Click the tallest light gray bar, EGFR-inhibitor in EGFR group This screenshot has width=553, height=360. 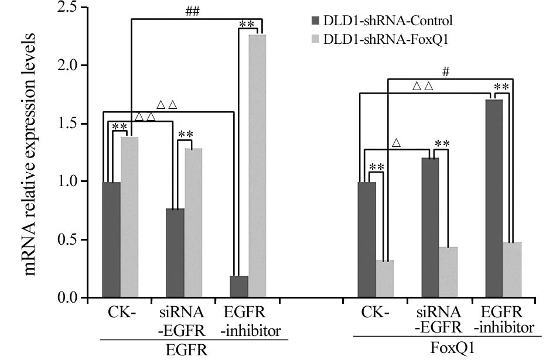point(257,166)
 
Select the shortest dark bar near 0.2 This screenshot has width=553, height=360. point(239,287)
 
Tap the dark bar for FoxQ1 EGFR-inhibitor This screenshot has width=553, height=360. point(495,199)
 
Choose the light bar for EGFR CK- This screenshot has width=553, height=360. point(129,217)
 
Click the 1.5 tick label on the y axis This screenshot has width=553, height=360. point(72,124)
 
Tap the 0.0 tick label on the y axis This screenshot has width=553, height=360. point(72,298)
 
